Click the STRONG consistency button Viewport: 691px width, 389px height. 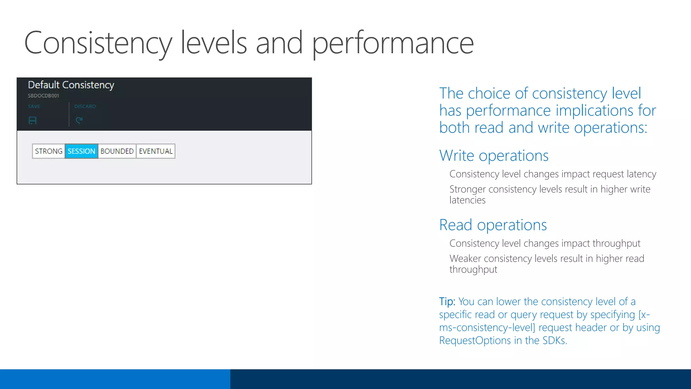(x=49, y=151)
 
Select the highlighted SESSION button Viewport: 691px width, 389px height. (x=81, y=151)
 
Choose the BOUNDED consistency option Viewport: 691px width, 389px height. (x=117, y=151)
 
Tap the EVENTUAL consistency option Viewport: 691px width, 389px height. (x=156, y=151)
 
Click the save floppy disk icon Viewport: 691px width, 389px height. (x=32, y=121)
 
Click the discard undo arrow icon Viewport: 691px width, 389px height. (x=79, y=120)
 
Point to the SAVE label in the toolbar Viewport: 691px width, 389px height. (x=34, y=106)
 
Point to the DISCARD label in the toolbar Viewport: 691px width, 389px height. (x=85, y=106)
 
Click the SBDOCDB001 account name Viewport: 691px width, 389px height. (x=44, y=96)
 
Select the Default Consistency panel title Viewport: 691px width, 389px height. (x=71, y=85)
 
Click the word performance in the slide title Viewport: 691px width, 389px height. (x=393, y=43)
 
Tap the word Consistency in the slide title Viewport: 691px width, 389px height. (x=98, y=43)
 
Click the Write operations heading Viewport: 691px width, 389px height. (x=494, y=156)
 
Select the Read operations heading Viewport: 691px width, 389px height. (x=493, y=225)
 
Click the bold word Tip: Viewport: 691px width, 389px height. (x=447, y=301)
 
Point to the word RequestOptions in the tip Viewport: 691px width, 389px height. (x=475, y=340)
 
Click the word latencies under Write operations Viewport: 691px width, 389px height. (x=467, y=200)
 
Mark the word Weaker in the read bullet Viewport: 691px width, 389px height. (x=465, y=258)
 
